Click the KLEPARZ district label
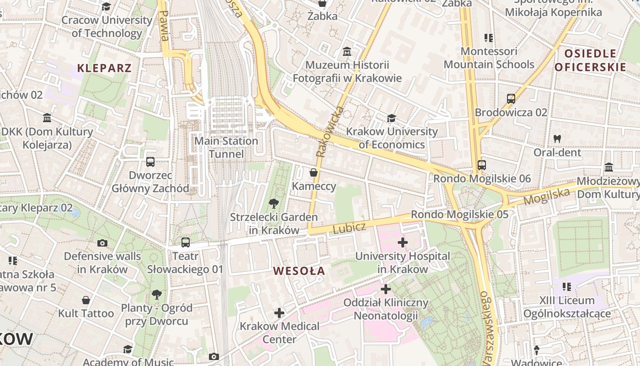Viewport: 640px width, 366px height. pos(104,68)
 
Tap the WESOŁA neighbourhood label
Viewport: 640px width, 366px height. pos(299,271)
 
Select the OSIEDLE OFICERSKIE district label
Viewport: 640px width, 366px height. pos(590,60)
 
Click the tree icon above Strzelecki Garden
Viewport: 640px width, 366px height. pos(274,204)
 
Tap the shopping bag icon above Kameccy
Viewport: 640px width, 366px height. pos(314,172)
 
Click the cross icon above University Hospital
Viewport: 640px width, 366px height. pos(402,242)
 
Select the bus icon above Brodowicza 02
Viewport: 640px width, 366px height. pos(511,98)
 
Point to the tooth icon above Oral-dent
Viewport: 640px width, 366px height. pos(557,138)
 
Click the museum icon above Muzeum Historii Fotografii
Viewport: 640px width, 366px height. pos(347,51)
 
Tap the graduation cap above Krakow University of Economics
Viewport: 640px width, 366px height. pos(391,118)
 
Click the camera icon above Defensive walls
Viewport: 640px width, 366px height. pos(102,243)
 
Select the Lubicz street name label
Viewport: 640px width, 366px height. pos(349,227)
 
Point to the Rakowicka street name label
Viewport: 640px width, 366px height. pos(329,132)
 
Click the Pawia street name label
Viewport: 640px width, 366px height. pos(164,26)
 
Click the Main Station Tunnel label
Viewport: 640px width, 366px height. pos(226,147)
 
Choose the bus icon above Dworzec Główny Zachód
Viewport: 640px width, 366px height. pos(150,161)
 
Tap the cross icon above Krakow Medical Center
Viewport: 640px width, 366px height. pos(279,313)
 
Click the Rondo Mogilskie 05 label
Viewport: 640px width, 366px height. pos(459,214)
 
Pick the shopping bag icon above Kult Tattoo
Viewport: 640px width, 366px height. pos(86,300)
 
